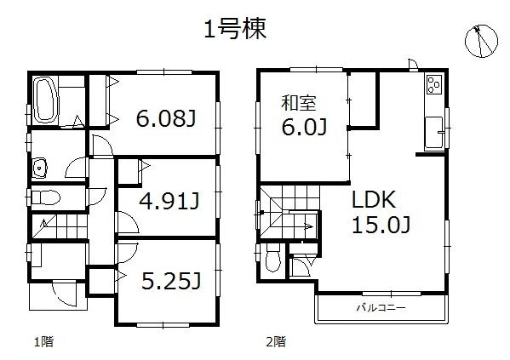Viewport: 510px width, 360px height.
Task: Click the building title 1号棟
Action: (x=236, y=30)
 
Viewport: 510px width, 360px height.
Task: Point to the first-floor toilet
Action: (x=47, y=198)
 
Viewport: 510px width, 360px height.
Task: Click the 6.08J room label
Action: (x=166, y=118)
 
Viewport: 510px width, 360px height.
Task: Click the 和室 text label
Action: (x=300, y=103)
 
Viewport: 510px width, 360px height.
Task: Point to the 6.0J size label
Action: (x=305, y=128)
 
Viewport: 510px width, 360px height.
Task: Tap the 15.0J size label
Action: (x=382, y=226)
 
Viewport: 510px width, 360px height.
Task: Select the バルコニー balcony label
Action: (x=381, y=306)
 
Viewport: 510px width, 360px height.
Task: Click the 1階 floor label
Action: (x=43, y=342)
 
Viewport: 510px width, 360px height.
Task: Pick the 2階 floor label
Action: (x=274, y=342)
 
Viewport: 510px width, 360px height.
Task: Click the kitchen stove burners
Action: (x=434, y=86)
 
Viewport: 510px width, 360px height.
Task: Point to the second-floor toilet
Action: (x=272, y=260)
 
